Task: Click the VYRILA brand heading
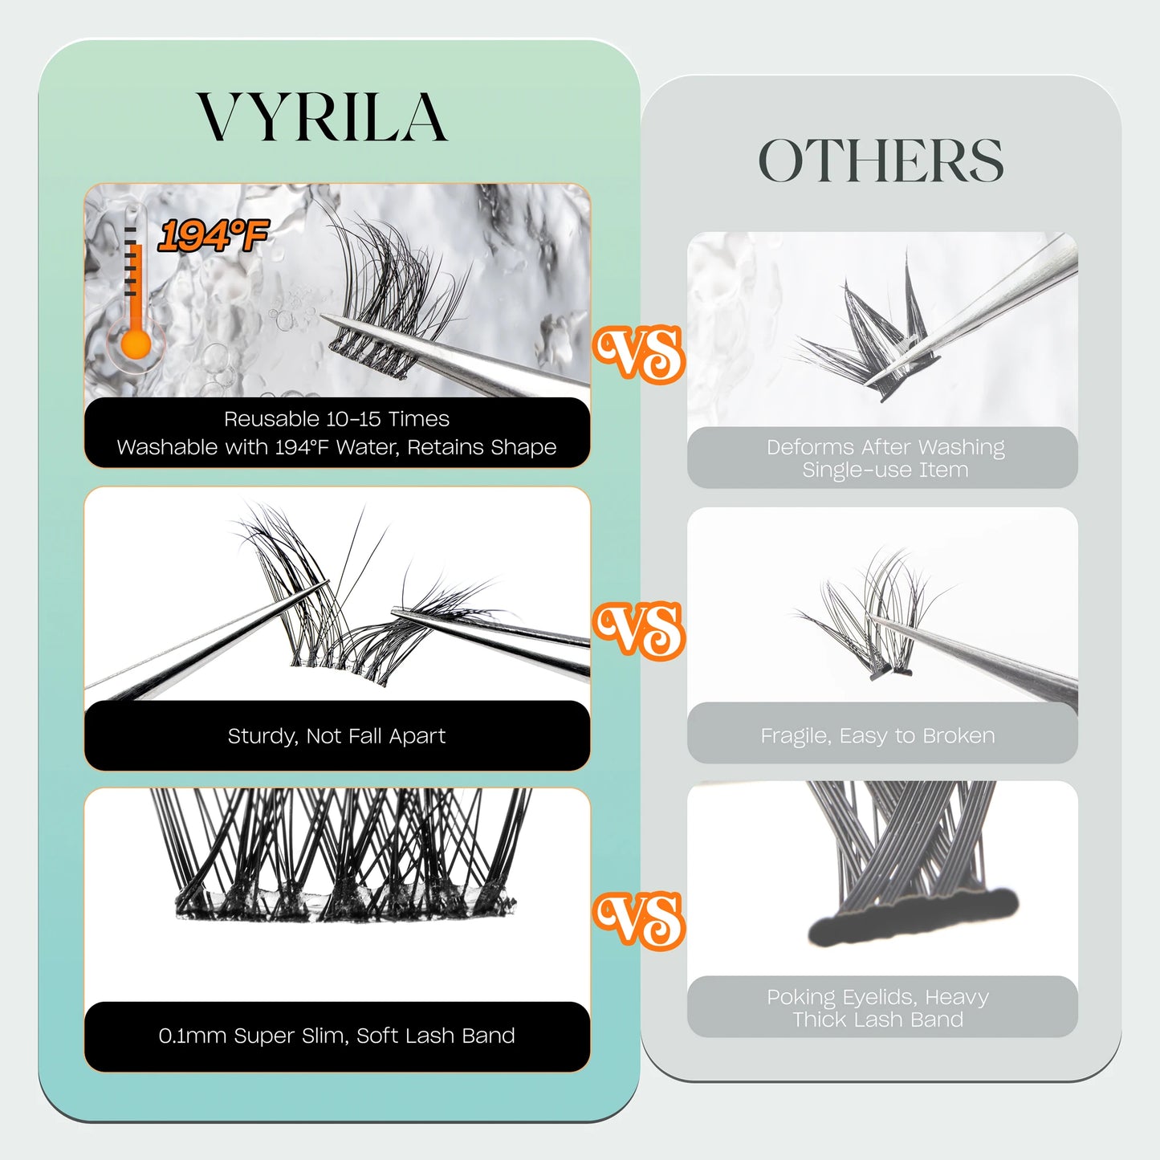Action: (x=322, y=118)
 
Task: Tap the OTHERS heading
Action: (x=881, y=161)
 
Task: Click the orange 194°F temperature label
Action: (x=213, y=236)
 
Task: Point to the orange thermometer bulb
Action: (x=136, y=345)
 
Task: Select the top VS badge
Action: (x=639, y=353)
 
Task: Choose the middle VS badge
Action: (x=639, y=630)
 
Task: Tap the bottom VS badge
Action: (x=639, y=920)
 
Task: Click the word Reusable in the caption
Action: (x=262, y=419)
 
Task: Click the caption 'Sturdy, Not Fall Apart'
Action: (x=336, y=736)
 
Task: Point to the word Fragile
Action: (x=795, y=736)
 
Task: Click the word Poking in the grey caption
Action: (x=801, y=997)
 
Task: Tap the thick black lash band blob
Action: (x=912, y=918)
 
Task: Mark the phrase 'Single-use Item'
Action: (x=885, y=470)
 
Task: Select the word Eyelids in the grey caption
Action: (x=878, y=997)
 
